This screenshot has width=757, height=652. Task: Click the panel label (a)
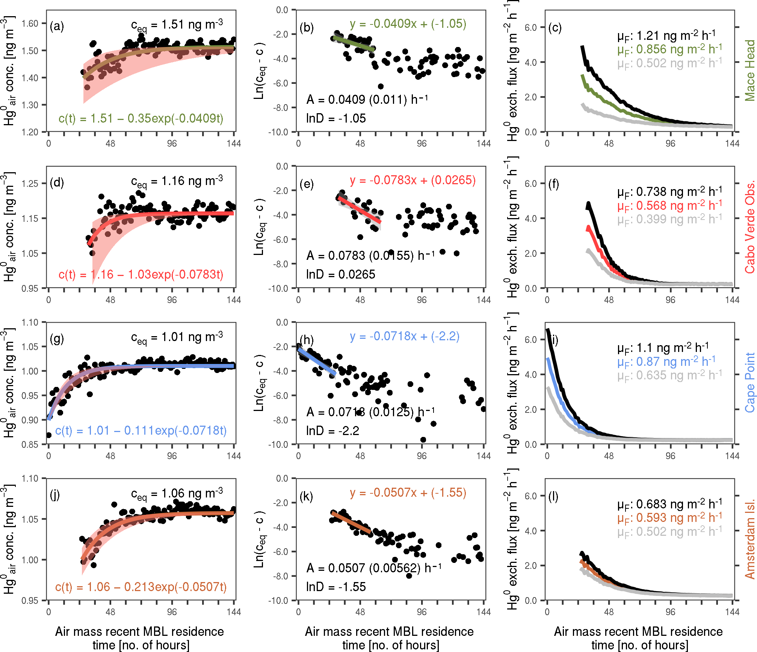point(57,26)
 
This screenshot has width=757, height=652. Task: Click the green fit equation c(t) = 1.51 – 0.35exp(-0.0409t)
point(141,118)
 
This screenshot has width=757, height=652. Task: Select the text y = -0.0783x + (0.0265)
point(412,180)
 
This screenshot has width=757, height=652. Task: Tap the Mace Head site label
point(750,70)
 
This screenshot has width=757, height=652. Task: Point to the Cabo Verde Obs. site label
point(750,227)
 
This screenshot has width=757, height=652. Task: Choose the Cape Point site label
point(750,382)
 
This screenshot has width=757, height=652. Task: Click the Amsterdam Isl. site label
point(750,539)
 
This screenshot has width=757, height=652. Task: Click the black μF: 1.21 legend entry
point(666,36)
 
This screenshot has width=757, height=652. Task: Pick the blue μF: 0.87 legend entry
point(666,362)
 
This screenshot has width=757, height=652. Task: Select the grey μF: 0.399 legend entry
point(669,219)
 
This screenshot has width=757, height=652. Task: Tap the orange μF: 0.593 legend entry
point(669,518)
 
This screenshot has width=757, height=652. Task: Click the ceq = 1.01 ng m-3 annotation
point(177,337)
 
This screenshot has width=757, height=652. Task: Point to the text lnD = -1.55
point(336,587)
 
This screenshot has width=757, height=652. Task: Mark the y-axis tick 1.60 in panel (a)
point(30,24)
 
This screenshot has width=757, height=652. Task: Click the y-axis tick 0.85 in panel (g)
point(30,444)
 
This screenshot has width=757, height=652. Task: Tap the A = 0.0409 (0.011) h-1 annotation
point(367,100)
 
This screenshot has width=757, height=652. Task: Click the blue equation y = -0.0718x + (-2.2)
point(405,336)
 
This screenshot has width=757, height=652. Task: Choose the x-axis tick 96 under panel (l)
point(671,612)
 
